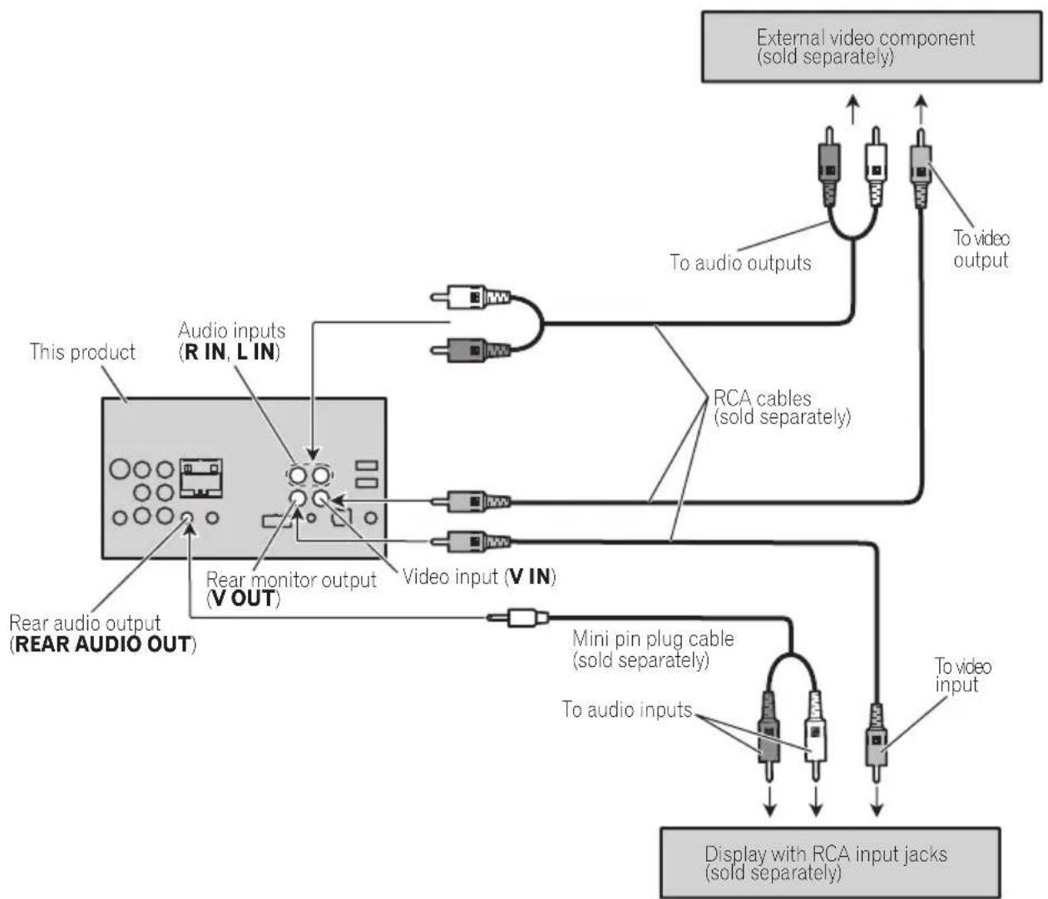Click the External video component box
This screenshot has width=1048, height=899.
pos(871,47)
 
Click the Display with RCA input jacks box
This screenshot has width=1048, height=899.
pos(830,862)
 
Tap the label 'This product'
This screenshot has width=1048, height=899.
pos(82,352)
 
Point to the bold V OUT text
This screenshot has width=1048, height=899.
pos(244,599)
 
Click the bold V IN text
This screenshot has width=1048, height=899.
pos(530,576)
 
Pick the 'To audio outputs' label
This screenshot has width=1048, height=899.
pos(740,263)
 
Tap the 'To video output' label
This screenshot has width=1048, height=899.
pos(981,249)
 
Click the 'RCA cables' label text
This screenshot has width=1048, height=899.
pos(762,398)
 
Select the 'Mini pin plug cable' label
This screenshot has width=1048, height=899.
pos(653,639)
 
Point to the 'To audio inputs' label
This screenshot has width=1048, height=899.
pos(627,709)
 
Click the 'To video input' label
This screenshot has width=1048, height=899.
pos(963,675)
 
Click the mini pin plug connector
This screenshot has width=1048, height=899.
pos(518,618)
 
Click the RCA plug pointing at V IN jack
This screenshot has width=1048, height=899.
pos(471,501)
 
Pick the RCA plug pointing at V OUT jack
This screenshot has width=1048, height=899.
pos(471,542)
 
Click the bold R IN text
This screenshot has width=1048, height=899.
pos(205,352)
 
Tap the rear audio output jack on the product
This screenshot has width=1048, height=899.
pos(187,518)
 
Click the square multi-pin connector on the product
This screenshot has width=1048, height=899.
pos(200,477)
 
